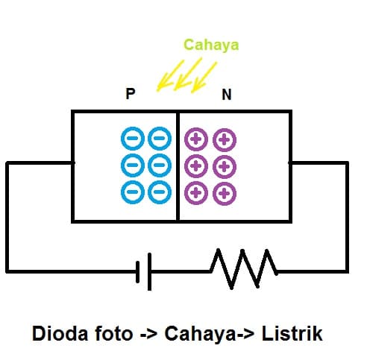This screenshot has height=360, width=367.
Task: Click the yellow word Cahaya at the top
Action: pyautogui.click(x=211, y=45)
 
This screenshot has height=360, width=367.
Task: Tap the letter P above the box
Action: pyautogui.click(x=131, y=95)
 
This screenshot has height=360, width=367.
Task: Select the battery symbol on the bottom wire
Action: pyautogui.click(x=144, y=271)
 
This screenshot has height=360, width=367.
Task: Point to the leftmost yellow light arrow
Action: pyautogui.click(x=167, y=76)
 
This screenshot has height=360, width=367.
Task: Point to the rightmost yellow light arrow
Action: pyautogui.click(x=204, y=76)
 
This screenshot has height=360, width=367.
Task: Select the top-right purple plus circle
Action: pyautogui.click(x=224, y=139)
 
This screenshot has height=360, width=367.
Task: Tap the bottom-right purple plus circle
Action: pyautogui.click(x=224, y=193)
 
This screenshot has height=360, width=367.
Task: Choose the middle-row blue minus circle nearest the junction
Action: pyautogui.click(x=160, y=165)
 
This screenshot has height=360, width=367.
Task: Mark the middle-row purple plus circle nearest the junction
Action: pyautogui.click(x=197, y=165)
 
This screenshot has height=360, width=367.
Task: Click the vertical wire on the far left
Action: pyautogui.click(x=7, y=216)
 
